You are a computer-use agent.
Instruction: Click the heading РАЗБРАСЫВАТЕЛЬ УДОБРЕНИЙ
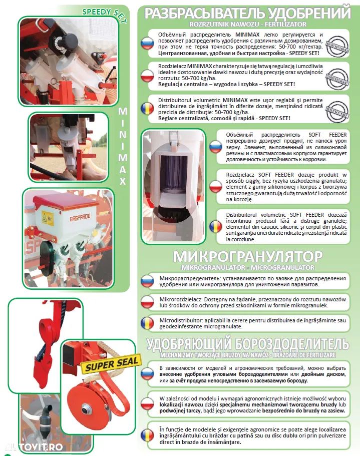[x=247, y=13]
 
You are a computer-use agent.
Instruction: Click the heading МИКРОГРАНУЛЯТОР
[x=247, y=256]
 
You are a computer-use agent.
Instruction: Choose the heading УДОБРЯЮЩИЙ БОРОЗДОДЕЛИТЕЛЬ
[x=247, y=344]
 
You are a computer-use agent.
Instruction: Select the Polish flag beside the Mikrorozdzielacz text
[x=147, y=302]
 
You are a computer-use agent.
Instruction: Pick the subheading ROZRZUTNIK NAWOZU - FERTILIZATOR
[x=247, y=23]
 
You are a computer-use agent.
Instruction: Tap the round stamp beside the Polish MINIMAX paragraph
[x=337, y=78]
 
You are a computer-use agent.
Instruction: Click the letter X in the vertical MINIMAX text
[x=122, y=181]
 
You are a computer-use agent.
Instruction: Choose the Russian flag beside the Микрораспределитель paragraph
[x=147, y=281]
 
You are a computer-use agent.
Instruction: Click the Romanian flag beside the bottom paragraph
[x=147, y=435]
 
